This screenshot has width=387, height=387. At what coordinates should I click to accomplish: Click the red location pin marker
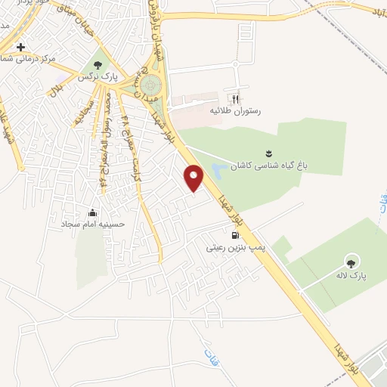pos(194,178)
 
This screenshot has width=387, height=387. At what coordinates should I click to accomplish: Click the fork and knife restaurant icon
pos(235,98)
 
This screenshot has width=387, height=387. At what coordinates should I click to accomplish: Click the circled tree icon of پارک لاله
pos(351,262)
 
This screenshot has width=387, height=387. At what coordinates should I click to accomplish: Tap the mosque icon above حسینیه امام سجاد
pos(93,212)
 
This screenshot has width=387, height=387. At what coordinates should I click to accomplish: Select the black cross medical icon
pos(21,46)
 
